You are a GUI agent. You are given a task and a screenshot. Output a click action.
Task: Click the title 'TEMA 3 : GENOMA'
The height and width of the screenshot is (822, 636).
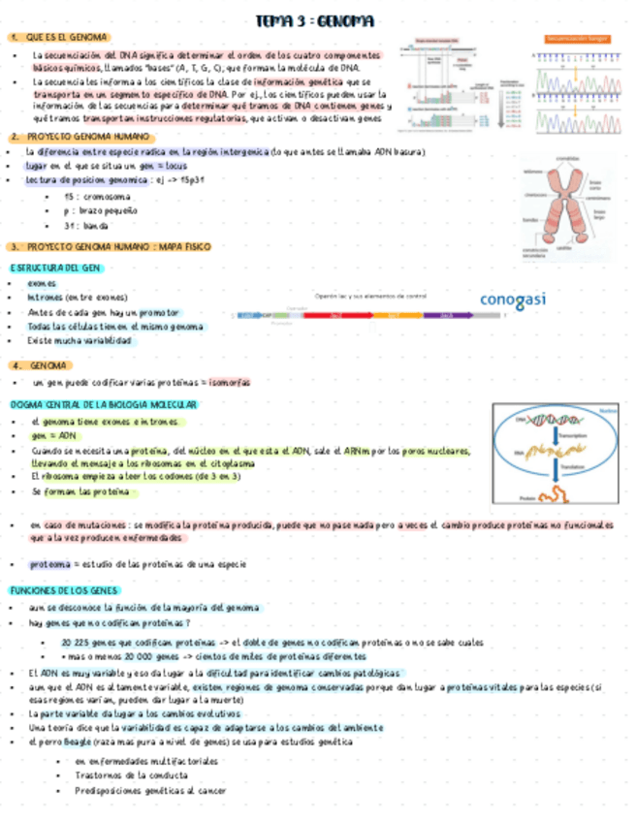tap(315, 20)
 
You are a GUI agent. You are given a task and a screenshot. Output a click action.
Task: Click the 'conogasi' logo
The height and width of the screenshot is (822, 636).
tap(513, 299)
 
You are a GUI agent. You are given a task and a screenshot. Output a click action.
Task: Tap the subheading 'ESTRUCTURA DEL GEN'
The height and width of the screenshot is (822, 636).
tap(55, 267)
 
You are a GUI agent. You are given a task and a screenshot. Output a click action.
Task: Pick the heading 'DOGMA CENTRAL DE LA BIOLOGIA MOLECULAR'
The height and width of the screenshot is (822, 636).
tap(104, 404)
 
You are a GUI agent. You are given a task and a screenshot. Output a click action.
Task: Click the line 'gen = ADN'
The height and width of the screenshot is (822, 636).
tap(53, 436)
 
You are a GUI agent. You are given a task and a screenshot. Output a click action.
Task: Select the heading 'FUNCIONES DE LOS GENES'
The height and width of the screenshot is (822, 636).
tap(64, 590)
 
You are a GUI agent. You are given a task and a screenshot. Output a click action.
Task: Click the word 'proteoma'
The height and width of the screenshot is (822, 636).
tap(49, 563)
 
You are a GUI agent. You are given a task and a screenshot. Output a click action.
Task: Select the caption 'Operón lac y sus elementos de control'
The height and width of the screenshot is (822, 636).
tap(370, 296)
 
